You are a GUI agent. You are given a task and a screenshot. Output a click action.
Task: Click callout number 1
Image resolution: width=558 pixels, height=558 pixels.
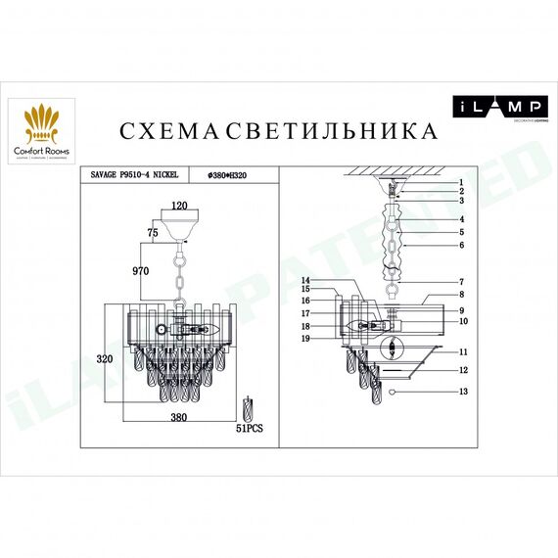click(x=459, y=183)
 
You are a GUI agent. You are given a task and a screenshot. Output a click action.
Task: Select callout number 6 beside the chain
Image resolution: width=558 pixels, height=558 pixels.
click(x=459, y=245)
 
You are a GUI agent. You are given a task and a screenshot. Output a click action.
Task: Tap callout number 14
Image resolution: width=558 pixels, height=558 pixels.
click(x=305, y=280)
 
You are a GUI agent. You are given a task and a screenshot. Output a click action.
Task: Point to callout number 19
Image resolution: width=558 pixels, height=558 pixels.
click(x=305, y=338)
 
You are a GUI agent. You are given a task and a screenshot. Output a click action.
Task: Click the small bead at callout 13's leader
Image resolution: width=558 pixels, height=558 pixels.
click(x=392, y=392)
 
